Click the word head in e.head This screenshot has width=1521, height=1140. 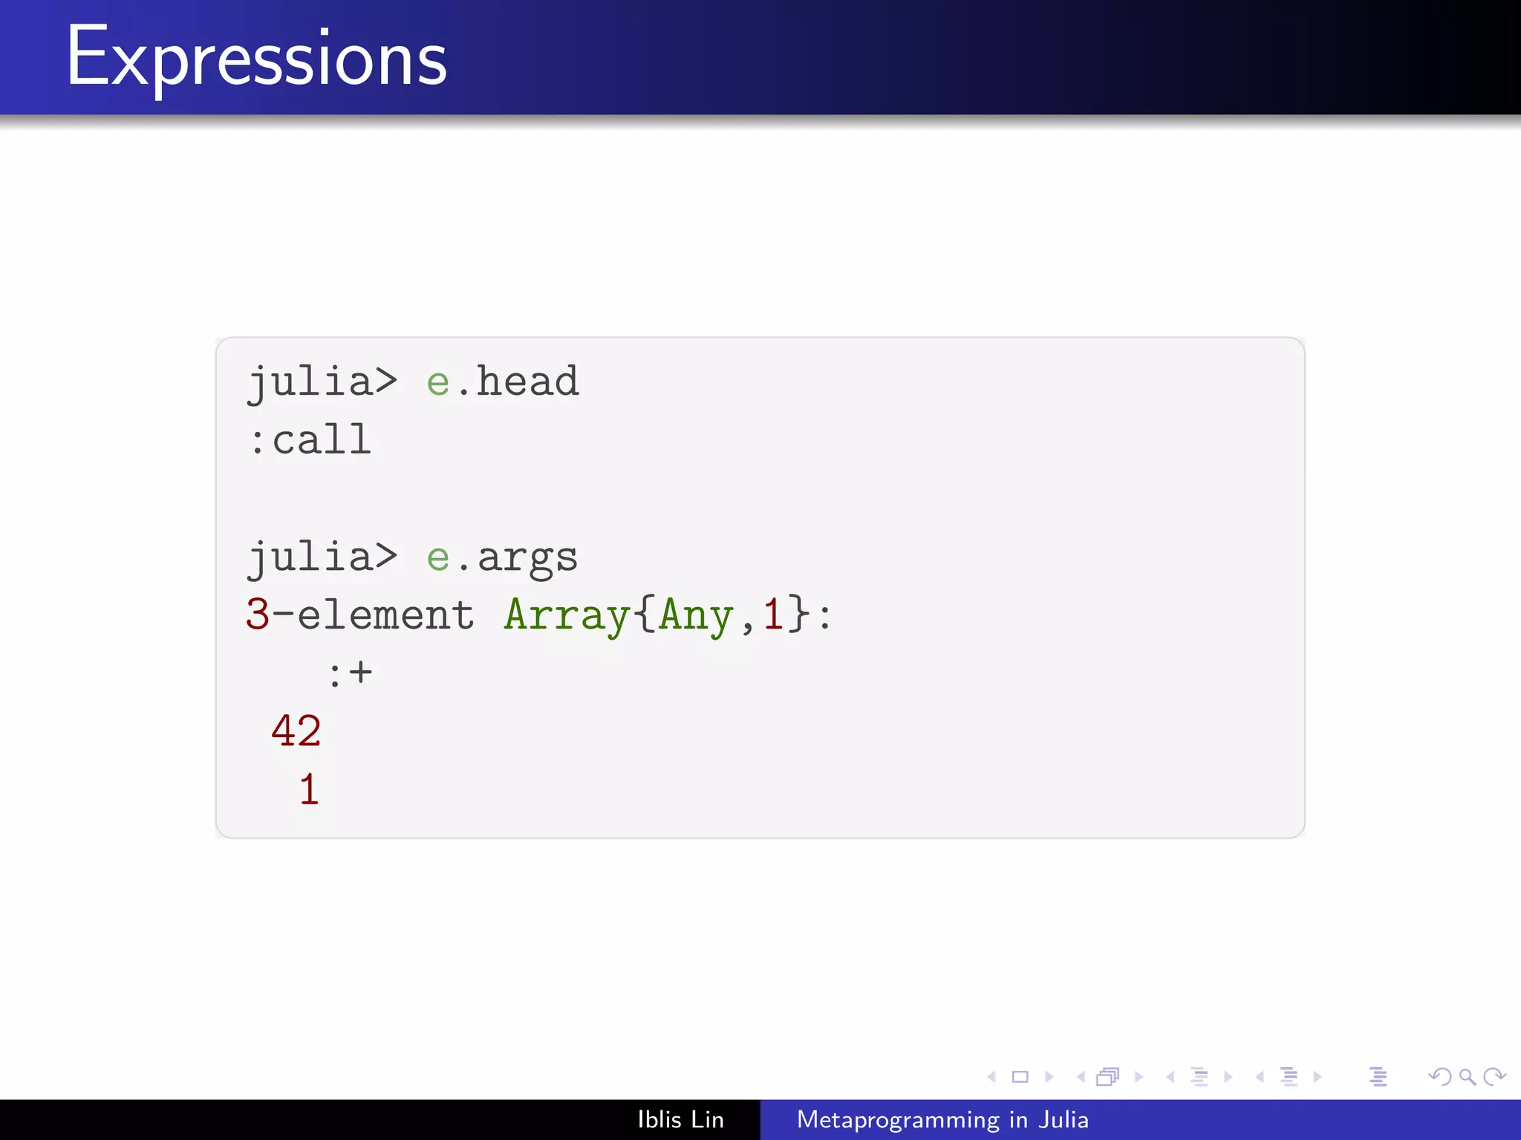coord(527,382)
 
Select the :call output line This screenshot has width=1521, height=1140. coord(310,440)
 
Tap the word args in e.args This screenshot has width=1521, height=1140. coord(527,558)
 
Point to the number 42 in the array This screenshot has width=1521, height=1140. coord(296,731)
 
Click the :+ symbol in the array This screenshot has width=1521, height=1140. coord(350,673)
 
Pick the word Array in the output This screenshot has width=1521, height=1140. coord(567,616)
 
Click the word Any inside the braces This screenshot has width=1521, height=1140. coord(696,616)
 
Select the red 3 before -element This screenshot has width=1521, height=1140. coord(257,616)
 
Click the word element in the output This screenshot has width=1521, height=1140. coord(385,616)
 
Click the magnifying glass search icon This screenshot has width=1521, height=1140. coord(1467,1077)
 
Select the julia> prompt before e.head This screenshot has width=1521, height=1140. coord(322,382)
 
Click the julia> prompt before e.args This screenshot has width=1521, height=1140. coord(322,558)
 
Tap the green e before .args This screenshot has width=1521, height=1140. coord(438,558)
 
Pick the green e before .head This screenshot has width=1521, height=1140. coord(438,382)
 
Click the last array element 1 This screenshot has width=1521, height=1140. coord(309,789)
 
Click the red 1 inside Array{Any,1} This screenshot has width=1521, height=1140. coord(773,616)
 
